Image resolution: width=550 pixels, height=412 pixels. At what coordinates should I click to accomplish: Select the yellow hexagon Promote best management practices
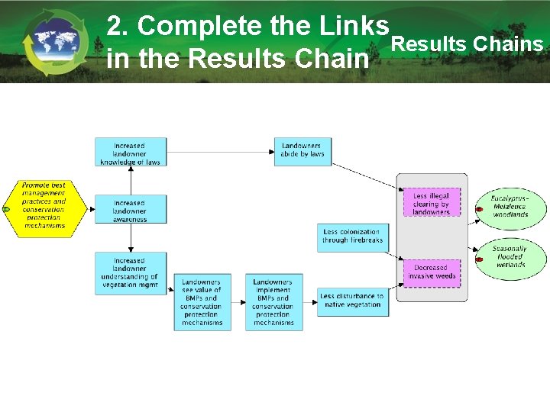point(44,206)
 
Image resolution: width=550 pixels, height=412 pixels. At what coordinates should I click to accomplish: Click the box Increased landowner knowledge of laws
point(130,152)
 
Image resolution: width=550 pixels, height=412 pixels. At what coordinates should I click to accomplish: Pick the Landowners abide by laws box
point(302,150)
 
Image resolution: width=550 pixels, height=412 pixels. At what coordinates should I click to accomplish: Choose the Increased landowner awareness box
point(130,208)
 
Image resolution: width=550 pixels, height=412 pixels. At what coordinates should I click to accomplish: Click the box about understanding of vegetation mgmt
point(130,273)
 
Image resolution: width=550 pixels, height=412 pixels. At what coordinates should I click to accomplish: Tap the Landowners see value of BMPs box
point(202,301)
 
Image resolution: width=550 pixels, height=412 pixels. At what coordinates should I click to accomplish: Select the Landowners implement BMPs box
point(273,301)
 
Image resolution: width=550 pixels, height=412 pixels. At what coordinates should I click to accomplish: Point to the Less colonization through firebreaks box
point(352,237)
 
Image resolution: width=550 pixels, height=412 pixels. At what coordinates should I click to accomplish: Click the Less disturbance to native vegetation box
point(352,301)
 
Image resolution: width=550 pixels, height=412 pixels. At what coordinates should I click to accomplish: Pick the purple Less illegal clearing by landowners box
point(432,204)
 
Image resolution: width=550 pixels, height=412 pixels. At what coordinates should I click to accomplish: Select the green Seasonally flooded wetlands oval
point(510,257)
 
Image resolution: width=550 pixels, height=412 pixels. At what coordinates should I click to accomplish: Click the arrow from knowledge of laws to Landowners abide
point(221,152)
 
